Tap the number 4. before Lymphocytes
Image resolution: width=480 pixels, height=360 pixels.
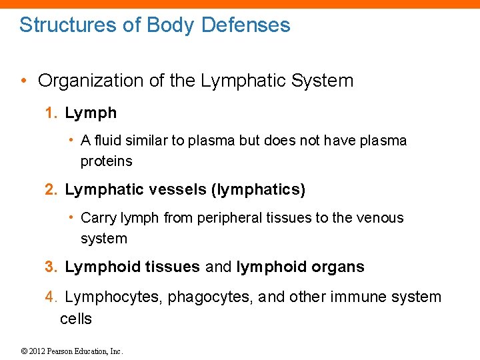click(52, 297)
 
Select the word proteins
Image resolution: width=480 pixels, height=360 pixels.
click(107, 161)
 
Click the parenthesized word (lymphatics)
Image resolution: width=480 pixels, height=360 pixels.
click(258, 190)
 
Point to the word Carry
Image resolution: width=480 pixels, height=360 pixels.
click(97, 218)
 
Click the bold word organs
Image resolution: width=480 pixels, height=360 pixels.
click(337, 267)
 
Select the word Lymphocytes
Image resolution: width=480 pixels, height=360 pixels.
click(113, 297)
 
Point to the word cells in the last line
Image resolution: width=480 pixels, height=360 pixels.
click(76, 319)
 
